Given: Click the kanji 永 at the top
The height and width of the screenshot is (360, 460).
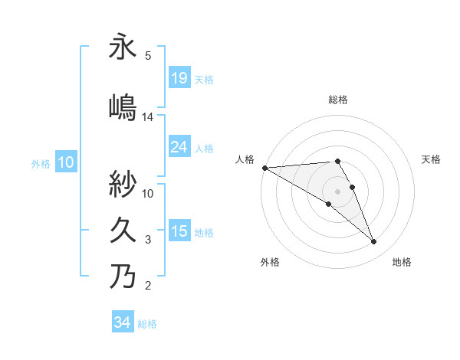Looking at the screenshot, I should [x=123, y=47].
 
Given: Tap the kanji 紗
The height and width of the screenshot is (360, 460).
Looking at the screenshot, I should [x=123, y=184].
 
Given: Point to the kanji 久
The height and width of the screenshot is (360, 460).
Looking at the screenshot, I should [x=123, y=230].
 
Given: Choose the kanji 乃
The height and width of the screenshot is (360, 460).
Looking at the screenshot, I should [x=123, y=276].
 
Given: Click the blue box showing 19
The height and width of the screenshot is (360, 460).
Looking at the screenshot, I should [x=179, y=77].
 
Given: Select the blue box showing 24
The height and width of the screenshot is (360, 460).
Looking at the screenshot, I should [x=179, y=147].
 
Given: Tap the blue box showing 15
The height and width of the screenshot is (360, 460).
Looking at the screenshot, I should [x=179, y=231].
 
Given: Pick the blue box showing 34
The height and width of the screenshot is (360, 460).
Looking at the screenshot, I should [x=122, y=322].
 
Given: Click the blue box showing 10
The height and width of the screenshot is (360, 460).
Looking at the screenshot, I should [x=66, y=162].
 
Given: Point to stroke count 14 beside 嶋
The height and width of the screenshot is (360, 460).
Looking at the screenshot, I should [x=148, y=117].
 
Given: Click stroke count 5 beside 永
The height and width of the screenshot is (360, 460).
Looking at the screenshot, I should [x=148, y=56].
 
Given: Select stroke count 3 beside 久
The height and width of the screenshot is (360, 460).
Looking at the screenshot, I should [x=148, y=240].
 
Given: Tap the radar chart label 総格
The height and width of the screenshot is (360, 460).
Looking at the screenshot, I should [x=338, y=100].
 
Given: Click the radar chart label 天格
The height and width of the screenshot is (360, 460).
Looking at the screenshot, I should [x=432, y=159].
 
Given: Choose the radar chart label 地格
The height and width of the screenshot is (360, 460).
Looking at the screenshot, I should [x=402, y=262].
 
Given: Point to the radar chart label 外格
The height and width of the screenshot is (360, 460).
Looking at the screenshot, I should [x=270, y=262].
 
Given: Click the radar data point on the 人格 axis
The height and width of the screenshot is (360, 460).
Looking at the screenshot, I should [x=264, y=168].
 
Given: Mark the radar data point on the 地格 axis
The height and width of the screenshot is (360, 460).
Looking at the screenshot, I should [x=374, y=242].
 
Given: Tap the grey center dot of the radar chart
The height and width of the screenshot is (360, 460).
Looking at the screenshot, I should [x=337, y=191].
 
